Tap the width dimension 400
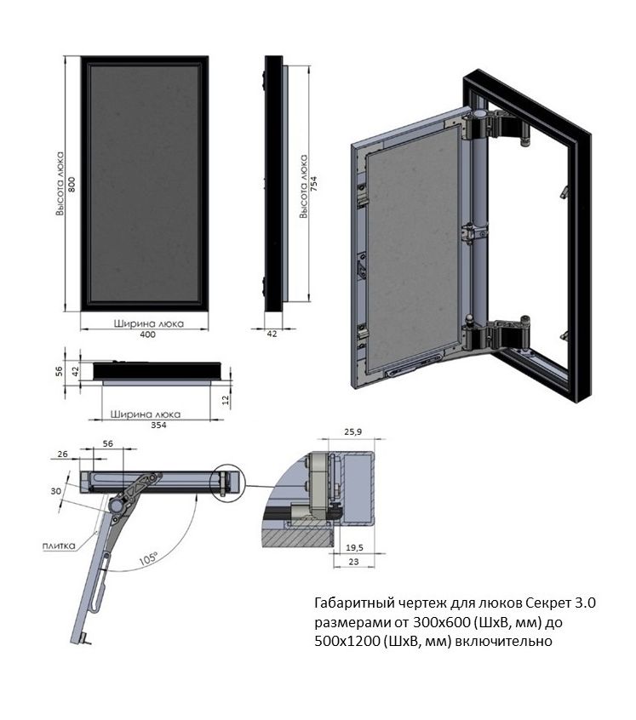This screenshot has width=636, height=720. [147, 334]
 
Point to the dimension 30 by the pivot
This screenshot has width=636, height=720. [55, 492]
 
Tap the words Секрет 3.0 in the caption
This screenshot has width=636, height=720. [547, 603]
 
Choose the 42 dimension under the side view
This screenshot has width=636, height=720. [272, 334]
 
